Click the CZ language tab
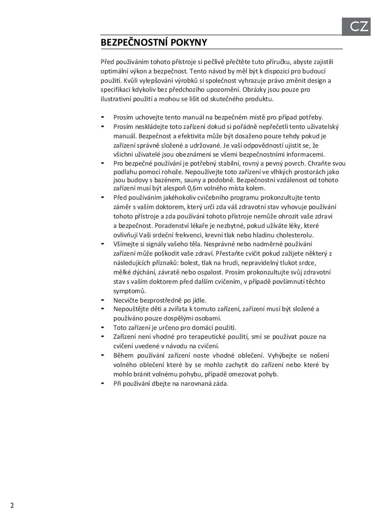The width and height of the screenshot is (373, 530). (x=359, y=27)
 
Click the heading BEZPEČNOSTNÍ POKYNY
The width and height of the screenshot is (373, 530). (x=153, y=43)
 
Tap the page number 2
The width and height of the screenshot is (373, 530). (x=12, y=506)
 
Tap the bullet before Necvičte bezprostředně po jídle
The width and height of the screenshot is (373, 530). (x=103, y=300)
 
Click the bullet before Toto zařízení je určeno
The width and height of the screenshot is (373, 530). (x=103, y=328)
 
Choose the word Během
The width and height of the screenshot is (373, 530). (x=124, y=355)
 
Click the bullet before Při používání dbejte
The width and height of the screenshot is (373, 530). (x=103, y=383)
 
